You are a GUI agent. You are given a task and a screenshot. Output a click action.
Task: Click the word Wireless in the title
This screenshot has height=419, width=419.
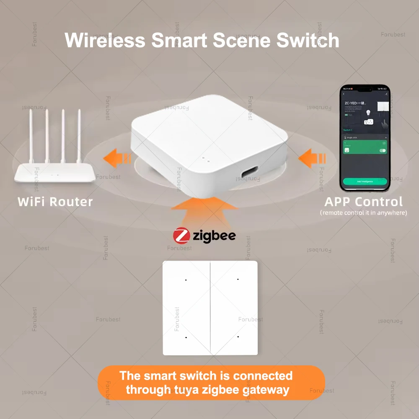pyautogui.click(x=105, y=41)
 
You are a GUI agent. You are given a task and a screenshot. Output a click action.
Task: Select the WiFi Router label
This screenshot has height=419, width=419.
pyautogui.click(x=55, y=202)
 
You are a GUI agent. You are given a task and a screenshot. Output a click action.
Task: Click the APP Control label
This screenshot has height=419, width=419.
pyautogui.click(x=364, y=202)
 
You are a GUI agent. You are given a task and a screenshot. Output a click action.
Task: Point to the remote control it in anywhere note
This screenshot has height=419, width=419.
pyautogui.click(x=364, y=213)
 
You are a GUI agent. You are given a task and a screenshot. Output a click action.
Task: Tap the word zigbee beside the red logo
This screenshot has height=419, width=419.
pyautogui.click(x=214, y=235)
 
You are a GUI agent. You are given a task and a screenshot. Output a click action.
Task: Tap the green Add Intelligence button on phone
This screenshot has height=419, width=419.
pyautogui.click(x=365, y=181)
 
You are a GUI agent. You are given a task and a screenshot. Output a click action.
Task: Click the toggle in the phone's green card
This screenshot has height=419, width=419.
pyautogui.click(x=382, y=150)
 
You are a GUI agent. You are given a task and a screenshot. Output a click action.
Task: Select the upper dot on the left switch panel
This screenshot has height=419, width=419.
pyautogui.click(x=186, y=279)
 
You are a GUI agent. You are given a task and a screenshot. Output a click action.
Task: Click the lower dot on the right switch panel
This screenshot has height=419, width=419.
pyautogui.click(x=238, y=336)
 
